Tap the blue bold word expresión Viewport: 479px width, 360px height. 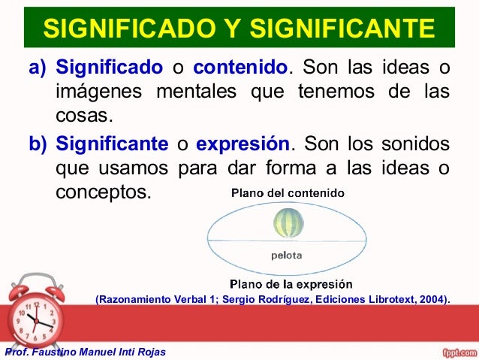click(243, 143)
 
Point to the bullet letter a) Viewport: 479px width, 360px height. click(38, 68)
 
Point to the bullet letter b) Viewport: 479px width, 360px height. click(38, 143)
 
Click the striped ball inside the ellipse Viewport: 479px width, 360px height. click(289, 222)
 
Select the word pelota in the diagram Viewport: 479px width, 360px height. click(287, 255)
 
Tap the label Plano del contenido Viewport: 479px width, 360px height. click(288, 192)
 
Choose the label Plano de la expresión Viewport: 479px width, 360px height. click(291, 285)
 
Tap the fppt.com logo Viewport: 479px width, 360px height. click(457, 351)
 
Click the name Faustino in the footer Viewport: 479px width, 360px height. click(53, 352)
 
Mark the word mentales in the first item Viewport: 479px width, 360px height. click(197, 92)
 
